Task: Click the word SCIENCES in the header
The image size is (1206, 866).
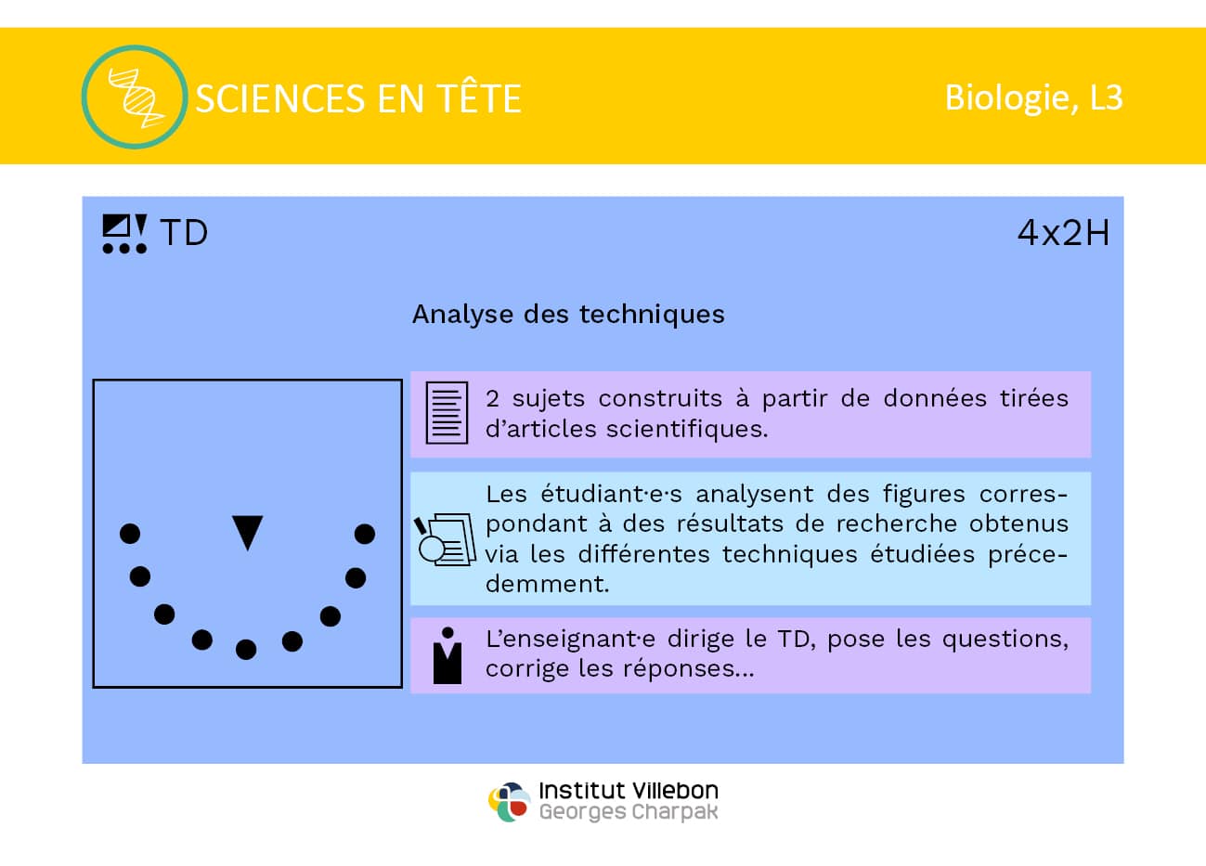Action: point(280,99)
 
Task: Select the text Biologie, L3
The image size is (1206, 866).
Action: point(1033,98)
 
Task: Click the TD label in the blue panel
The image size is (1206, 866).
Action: point(184,233)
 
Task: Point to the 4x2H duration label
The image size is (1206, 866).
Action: point(1063,233)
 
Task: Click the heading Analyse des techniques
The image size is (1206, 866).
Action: point(568,315)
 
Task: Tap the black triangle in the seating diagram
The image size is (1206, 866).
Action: point(247,532)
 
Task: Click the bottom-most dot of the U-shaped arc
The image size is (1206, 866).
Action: point(246,650)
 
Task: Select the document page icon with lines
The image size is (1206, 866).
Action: point(447,413)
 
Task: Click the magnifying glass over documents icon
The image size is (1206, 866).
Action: point(445,540)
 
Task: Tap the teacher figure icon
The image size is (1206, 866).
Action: point(447,655)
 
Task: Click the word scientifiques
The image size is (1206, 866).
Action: point(687,430)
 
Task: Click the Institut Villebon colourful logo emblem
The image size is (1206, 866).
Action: point(509,802)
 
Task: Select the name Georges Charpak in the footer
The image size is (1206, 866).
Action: point(629,812)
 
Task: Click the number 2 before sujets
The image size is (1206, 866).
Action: point(492,399)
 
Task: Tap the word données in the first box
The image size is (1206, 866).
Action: point(935,399)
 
